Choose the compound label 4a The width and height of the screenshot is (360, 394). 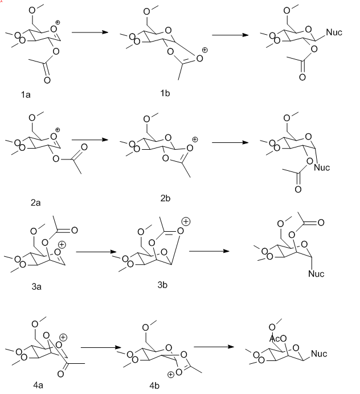[x=38, y=385]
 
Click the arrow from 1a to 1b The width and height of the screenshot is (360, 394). [x=90, y=32]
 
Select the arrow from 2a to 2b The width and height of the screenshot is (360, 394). [x=89, y=139]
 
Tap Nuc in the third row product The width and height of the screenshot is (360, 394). [x=316, y=274]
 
